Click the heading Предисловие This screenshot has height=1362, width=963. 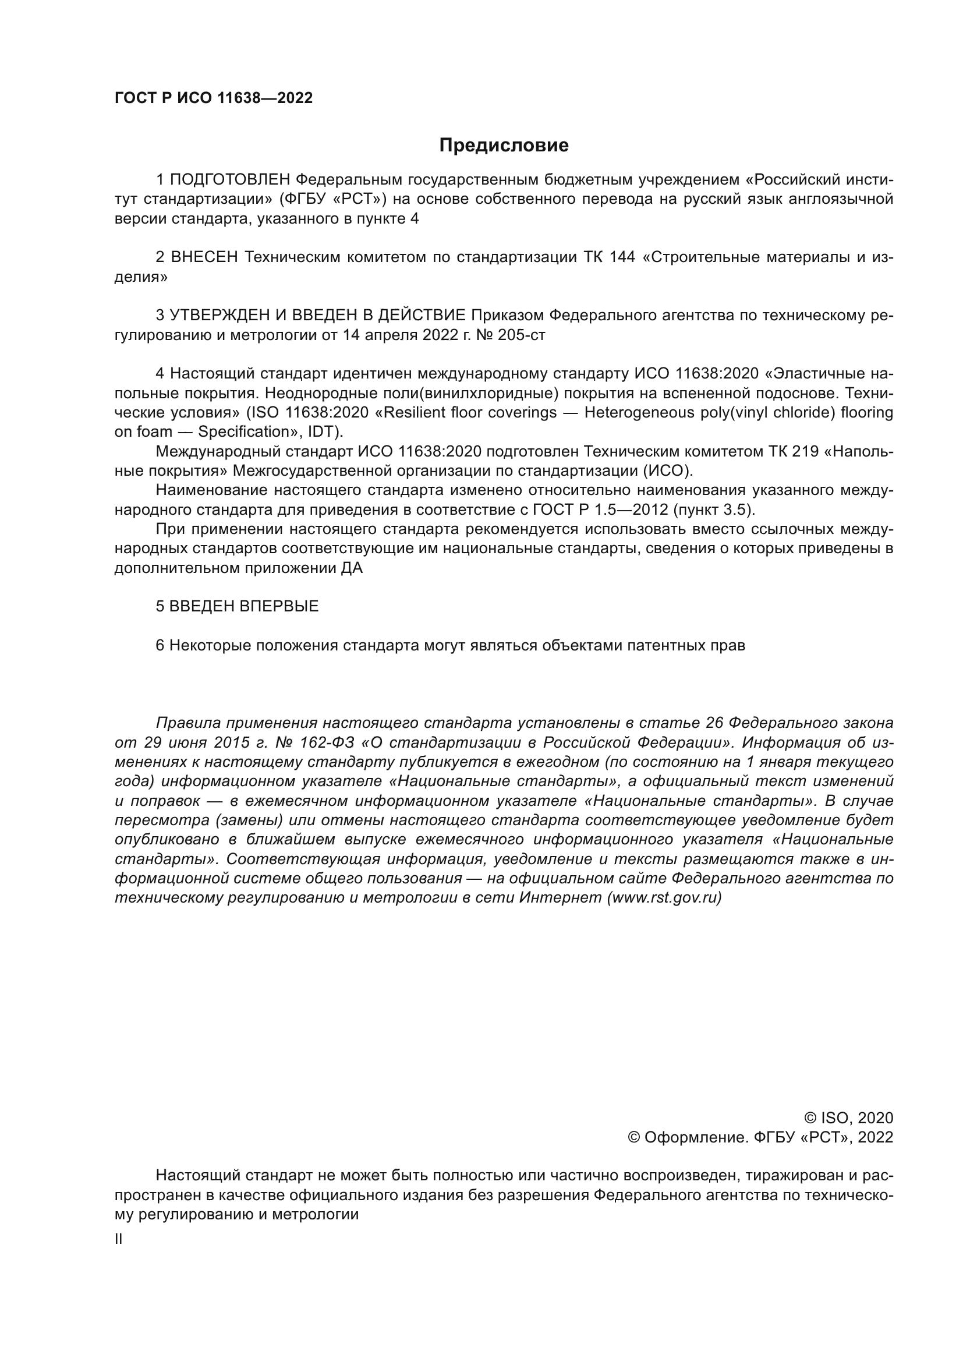[504, 146]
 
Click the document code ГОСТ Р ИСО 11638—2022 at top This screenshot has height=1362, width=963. [214, 98]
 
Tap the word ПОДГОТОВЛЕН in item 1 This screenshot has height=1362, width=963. [230, 179]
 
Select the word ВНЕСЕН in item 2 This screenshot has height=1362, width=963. [204, 257]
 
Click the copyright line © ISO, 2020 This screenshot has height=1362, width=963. [848, 1118]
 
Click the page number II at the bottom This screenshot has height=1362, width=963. [119, 1240]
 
